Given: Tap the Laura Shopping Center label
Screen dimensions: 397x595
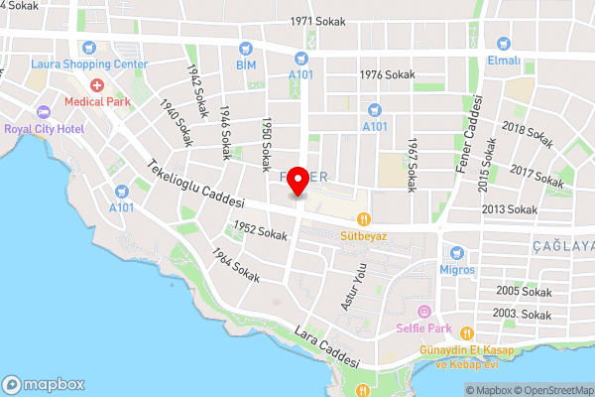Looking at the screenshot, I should [89, 64].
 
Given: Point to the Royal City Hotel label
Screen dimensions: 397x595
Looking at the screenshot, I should [43, 127].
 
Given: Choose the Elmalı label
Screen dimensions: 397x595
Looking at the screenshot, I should [504, 60].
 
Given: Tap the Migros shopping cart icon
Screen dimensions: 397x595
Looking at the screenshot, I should [458, 253].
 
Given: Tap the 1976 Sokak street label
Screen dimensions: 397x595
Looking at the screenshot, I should [387, 74].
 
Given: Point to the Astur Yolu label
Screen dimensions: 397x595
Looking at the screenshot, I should [354, 288].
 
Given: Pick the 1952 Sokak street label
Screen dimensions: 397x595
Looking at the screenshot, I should [259, 232].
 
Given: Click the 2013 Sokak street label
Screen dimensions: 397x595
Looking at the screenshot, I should [508, 209].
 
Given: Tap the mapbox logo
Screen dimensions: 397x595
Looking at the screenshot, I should [45, 384].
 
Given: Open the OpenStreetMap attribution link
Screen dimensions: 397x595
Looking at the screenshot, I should [550, 390].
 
